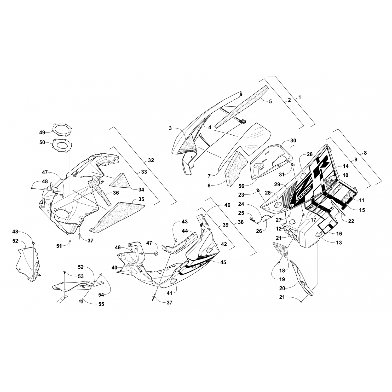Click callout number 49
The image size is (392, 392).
[42, 132]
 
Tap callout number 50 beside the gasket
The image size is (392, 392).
[42, 142]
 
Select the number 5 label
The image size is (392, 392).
[270, 101]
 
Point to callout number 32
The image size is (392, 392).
[151, 160]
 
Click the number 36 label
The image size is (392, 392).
[116, 193]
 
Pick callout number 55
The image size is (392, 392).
[101, 304]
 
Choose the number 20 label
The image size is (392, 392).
[282, 289]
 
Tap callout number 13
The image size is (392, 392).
[339, 243]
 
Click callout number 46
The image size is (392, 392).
[227, 205]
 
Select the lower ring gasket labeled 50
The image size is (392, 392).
[62, 145]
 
